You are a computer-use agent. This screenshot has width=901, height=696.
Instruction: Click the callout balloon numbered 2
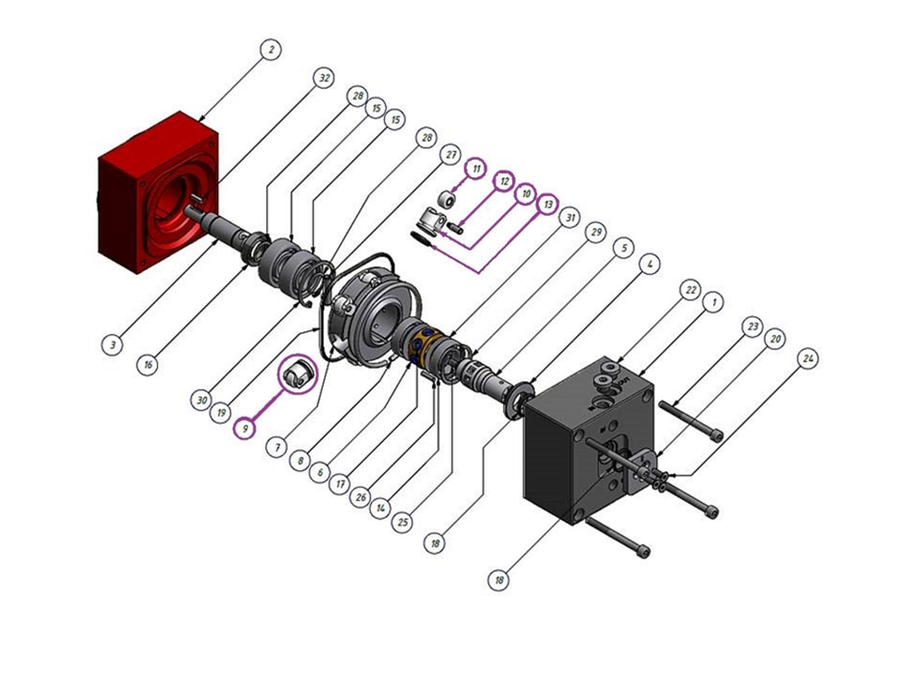[270, 50]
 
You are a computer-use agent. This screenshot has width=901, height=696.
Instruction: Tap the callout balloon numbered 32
[323, 77]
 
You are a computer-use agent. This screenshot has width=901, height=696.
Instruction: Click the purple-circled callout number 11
[475, 169]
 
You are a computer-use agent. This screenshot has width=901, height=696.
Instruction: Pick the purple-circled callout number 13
[548, 204]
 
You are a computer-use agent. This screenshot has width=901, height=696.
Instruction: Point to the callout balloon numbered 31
[571, 217]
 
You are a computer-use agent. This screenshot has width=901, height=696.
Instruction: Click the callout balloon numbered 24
[807, 359]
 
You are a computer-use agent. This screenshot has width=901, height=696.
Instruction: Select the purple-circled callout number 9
[243, 429]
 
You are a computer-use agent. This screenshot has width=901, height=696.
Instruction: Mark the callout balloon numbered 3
[113, 345]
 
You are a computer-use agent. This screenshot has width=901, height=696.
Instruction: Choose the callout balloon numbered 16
[148, 364]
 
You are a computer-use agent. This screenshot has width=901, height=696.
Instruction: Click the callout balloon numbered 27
[449, 154]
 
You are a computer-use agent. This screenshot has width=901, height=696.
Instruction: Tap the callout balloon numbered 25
[403, 522]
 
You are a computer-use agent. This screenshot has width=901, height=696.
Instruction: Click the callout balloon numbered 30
[201, 400]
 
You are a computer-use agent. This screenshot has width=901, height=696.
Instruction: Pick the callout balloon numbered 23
[753, 327]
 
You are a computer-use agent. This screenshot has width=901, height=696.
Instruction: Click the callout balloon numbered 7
[276, 447]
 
